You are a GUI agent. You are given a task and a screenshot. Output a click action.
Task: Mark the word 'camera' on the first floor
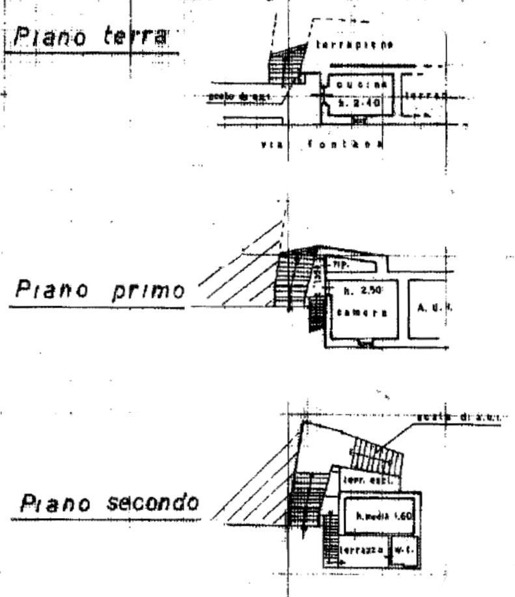(362, 312)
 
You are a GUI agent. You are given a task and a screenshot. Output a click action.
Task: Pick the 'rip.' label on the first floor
(340, 265)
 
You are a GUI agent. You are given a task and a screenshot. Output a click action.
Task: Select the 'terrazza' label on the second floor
(360, 551)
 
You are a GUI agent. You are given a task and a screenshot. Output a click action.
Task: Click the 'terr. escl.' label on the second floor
(361, 479)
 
